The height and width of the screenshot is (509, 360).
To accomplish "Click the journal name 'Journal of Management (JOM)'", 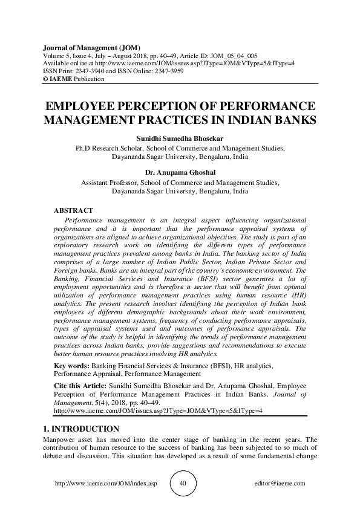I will coord(91,47).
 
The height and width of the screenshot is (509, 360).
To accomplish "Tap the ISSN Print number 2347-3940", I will coord(94,71).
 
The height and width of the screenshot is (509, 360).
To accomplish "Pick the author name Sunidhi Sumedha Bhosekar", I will coord(180,138).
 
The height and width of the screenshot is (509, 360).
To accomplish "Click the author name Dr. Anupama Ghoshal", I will coord(180,173).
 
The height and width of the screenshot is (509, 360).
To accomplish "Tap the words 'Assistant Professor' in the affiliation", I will coord(111,182).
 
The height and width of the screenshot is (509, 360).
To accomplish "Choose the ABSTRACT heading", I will coord(74,210).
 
